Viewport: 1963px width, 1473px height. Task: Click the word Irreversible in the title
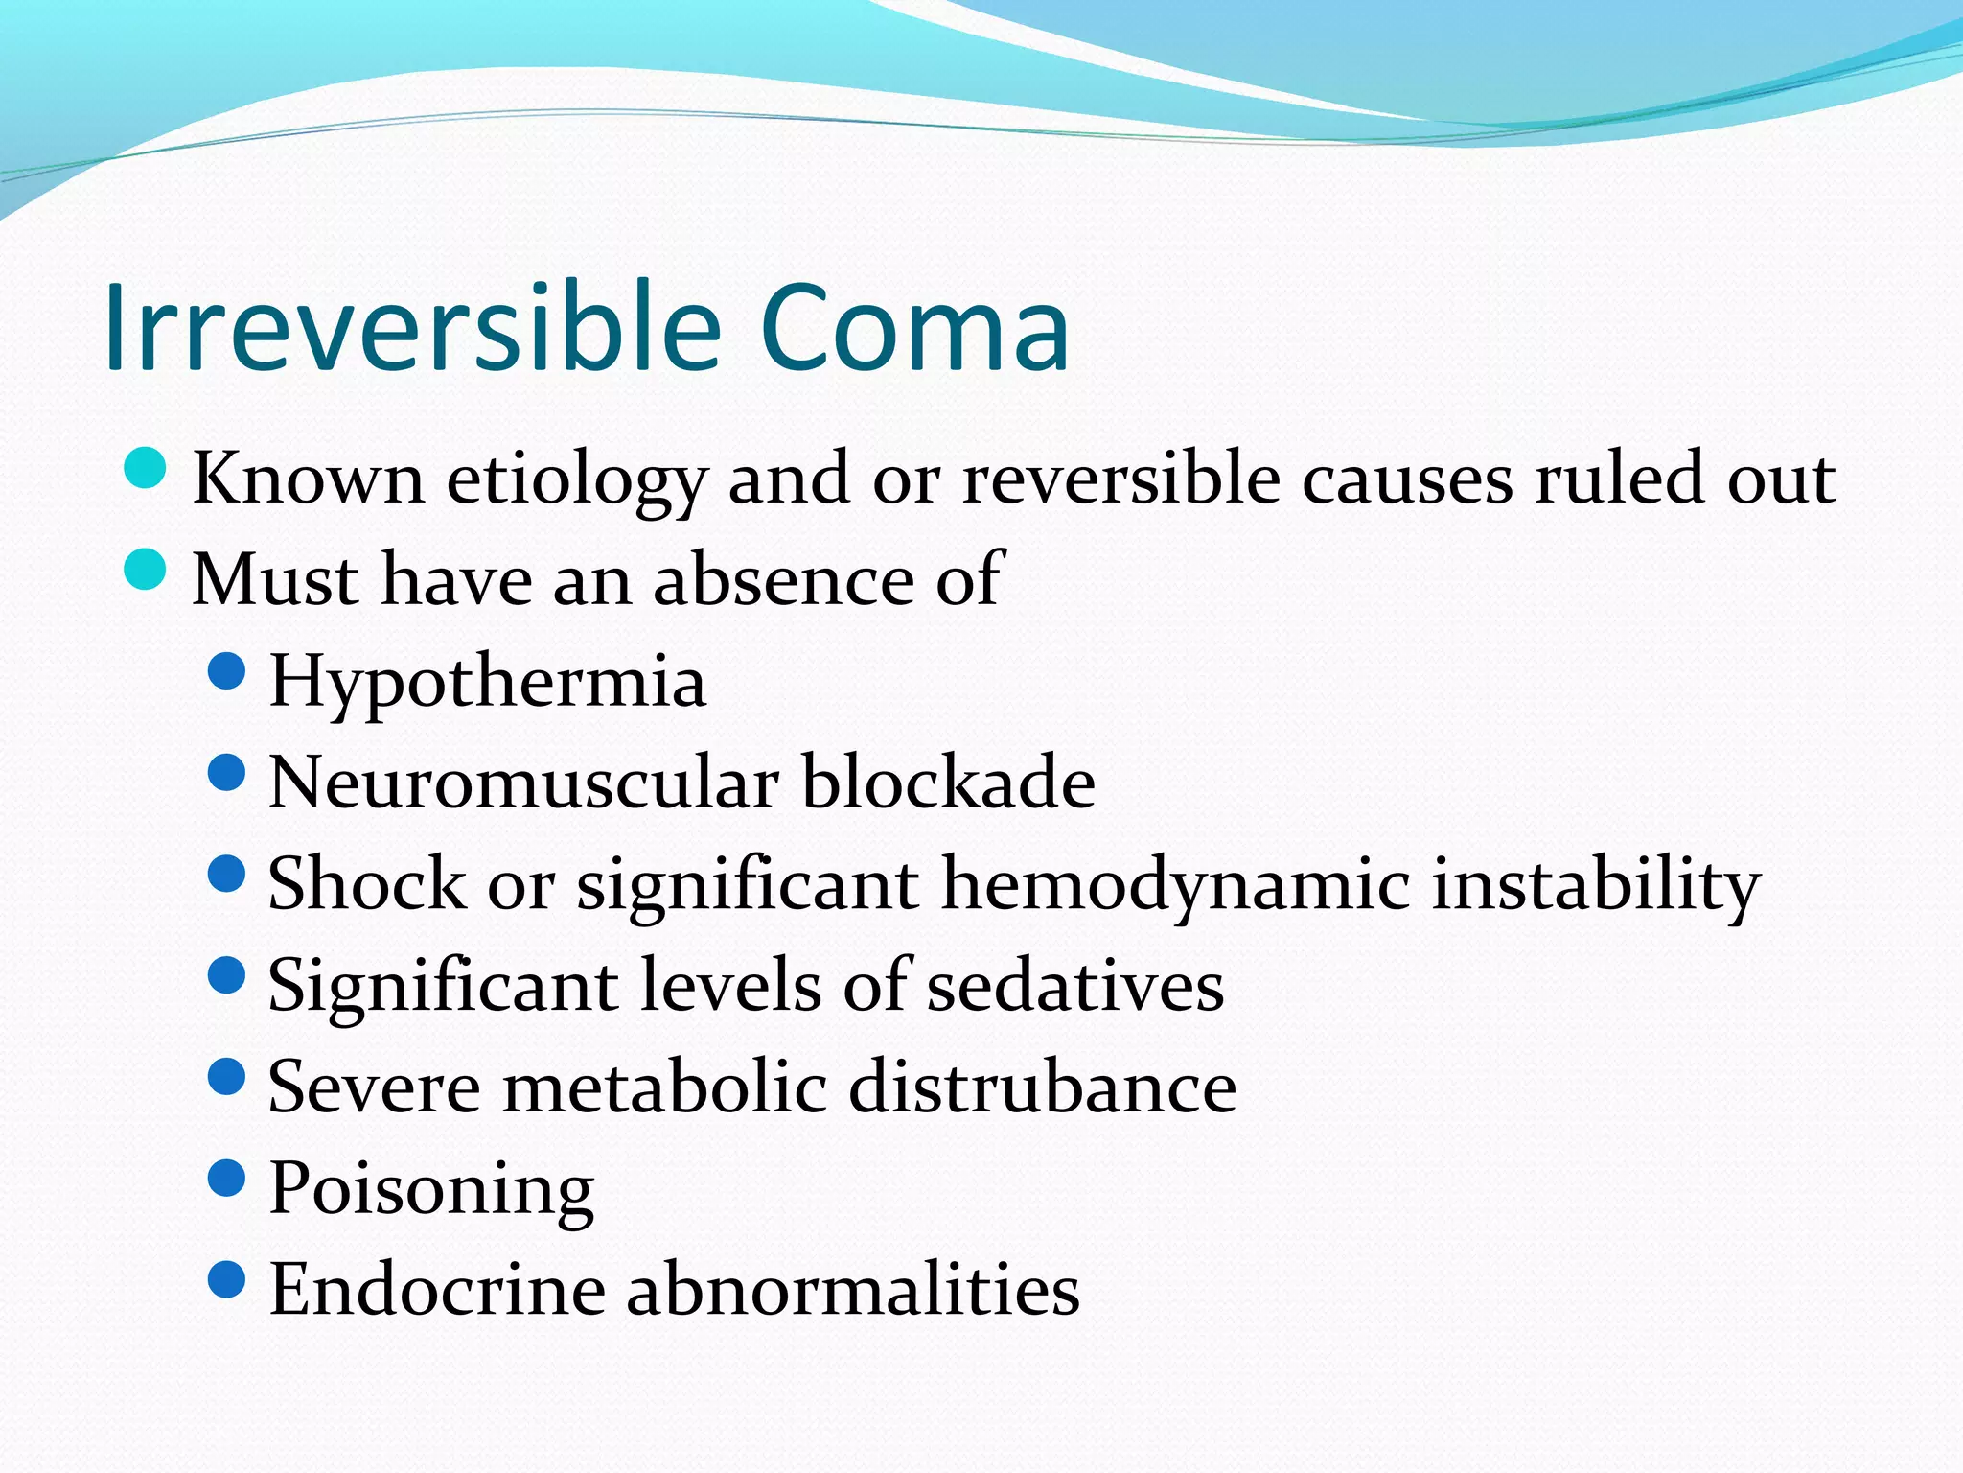pyautogui.click(x=412, y=328)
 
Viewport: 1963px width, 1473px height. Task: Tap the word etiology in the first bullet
pyautogui.click(x=577, y=479)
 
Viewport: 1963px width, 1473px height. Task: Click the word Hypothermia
pyautogui.click(x=487, y=683)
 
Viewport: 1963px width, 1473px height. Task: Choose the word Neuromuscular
pyautogui.click(x=523, y=783)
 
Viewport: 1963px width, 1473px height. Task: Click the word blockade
pyautogui.click(x=948, y=783)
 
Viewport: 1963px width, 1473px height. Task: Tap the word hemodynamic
pyautogui.click(x=1176, y=884)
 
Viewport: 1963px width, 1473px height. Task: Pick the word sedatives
pyautogui.click(x=1074, y=986)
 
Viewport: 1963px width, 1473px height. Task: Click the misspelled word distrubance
pyautogui.click(x=1042, y=1087)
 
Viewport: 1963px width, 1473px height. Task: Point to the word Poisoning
pyautogui.click(x=431, y=1190)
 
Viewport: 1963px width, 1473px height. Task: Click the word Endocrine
pyautogui.click(x=437, y=1290)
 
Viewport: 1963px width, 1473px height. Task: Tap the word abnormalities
pyautogui.click(x=853, y=1290)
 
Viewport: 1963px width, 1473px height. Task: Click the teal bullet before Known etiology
pyautogui.click(x=146, y=469)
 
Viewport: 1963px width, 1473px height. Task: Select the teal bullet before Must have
pyautogui.click(x=146, y=571)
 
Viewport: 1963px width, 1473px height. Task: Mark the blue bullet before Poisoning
pyautogui.click(x=227, y=1179)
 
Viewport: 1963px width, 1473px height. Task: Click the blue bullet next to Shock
pyautogui.click(x=227, y=874)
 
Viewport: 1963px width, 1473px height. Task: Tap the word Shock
pyautogui.click(x=366, y=884)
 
